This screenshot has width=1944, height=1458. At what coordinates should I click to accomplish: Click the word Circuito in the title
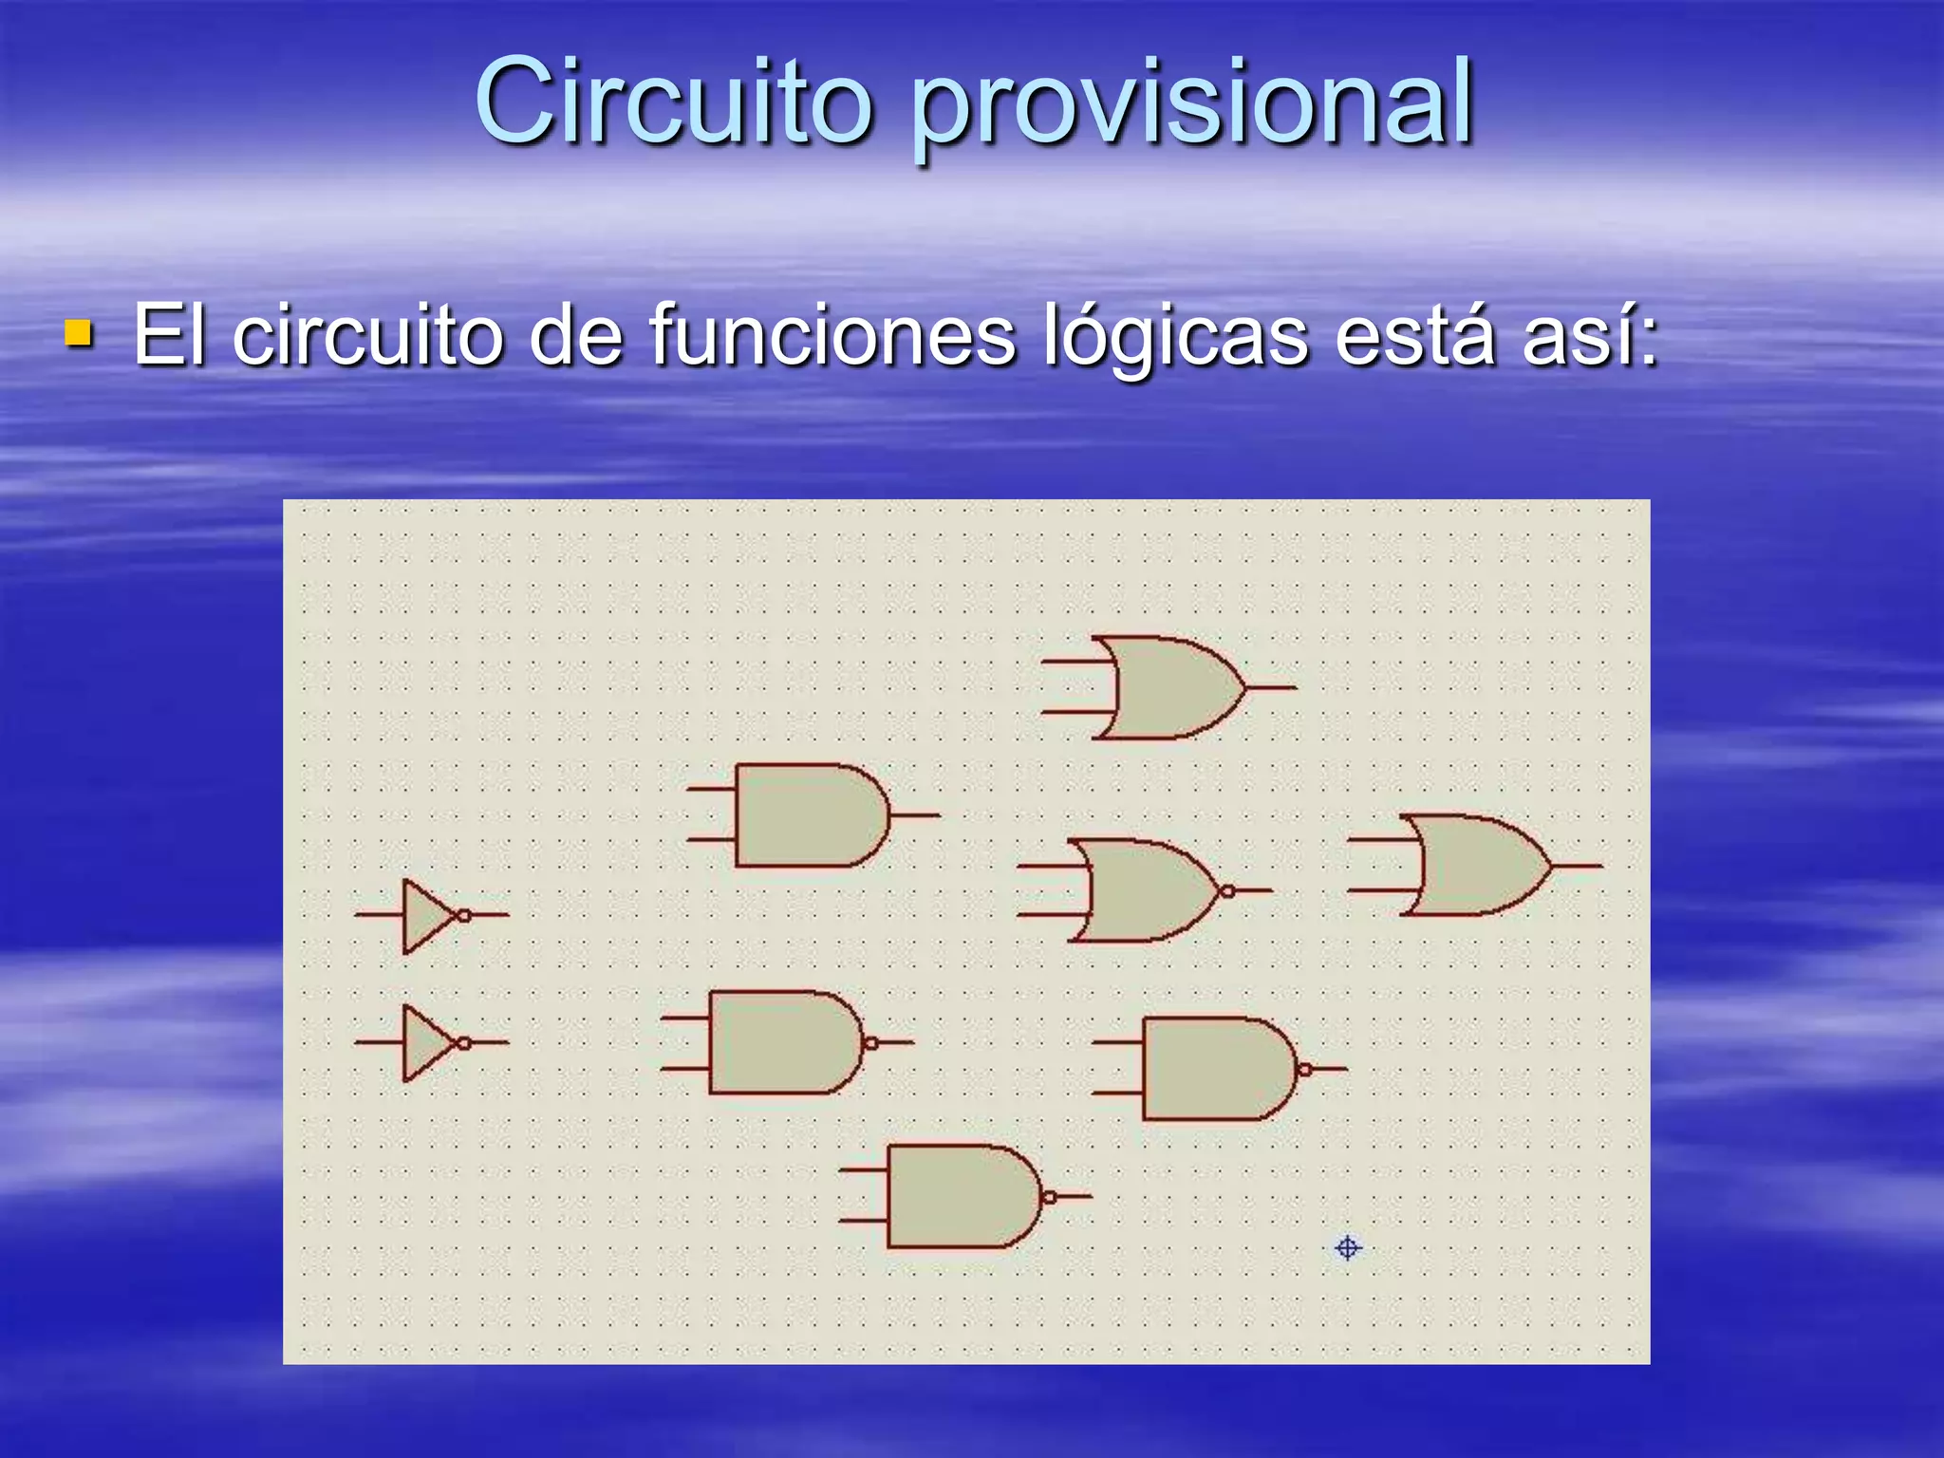click(x=672, y=103)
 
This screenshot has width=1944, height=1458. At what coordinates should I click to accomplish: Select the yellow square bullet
click(x=79, y=333)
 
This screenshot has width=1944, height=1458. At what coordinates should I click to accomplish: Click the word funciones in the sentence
click(x=832, y=335)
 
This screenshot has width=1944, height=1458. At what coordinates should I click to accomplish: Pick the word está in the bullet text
click(x=1414, y=335)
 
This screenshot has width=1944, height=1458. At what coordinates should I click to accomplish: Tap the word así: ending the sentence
click(x=1590, y=335)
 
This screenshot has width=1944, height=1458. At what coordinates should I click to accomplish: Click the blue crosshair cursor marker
click(x=1347, y=1247)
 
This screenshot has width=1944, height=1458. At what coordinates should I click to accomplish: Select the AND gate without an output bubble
click(x=807, y=815)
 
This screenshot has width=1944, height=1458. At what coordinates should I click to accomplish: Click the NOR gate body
click(x=1139, y=890)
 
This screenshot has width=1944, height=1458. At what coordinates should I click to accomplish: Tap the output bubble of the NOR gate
click(x=1227, y=891)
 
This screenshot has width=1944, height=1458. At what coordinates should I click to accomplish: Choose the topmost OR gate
click(x=1168, y=687)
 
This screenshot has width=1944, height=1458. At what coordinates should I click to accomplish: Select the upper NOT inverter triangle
click(x=425, y=915)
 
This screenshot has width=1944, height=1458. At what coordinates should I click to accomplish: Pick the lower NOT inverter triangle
click(x=425, y=1043)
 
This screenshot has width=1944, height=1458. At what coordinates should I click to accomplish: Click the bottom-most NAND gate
click(x=959, y=1196)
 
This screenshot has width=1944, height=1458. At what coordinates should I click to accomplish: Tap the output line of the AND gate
click(x=916, y=814)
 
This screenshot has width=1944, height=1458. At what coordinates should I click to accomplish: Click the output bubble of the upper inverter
click(x=464, y=915)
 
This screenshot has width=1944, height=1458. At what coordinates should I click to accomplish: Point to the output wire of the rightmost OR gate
click(x=1578, y=866)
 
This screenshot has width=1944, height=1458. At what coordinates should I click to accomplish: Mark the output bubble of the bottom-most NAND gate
click(x=1049, y=1197)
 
